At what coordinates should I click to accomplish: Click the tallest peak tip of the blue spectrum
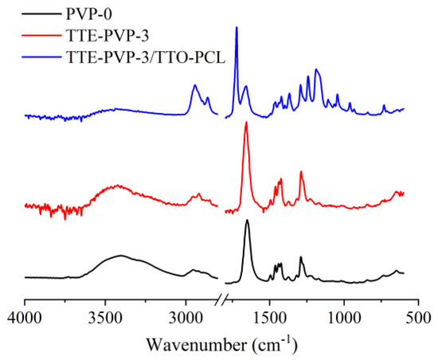pyautogui.click(x=237, y=27)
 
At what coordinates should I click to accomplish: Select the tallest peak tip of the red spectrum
pyautogui.click(x=246, y=122)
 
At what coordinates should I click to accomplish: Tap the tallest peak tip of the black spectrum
pyautogui.click(x=247, y=220)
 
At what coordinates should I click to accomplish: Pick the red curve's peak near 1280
pyautogui.click(x=301, y=171)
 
